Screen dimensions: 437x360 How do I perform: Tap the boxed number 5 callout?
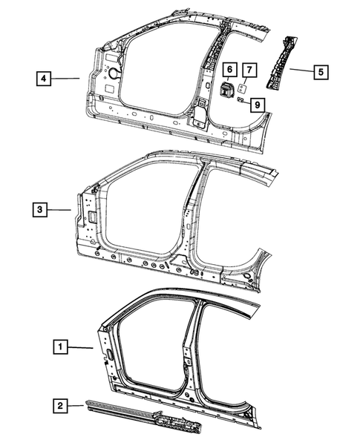(x=320, y=72)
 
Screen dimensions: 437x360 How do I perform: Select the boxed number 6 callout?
(x=229, y=70)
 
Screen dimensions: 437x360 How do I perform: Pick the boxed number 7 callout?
(x=250, y=70)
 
